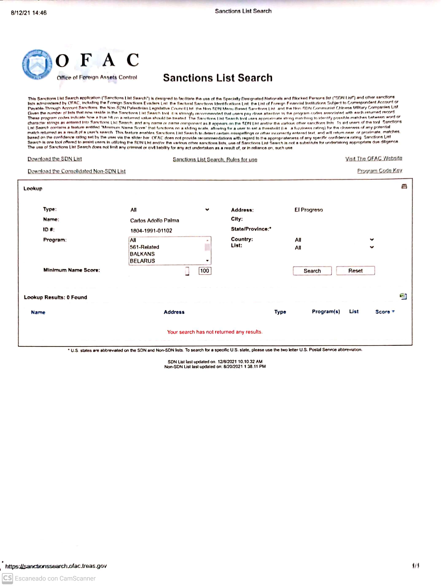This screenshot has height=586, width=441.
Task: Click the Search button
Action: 312,271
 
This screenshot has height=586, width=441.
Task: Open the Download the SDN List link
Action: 55,159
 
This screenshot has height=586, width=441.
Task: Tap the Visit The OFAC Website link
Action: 373,158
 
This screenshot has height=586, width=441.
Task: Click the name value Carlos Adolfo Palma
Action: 154,220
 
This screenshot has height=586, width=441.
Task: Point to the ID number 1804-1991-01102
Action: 151,231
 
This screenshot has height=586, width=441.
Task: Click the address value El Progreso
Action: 308,210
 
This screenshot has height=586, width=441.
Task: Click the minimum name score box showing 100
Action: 205,271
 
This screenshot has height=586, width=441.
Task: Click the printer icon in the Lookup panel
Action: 404,186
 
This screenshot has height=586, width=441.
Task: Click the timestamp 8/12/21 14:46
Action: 29,13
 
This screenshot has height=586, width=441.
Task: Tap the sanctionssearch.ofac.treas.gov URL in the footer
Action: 56,566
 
